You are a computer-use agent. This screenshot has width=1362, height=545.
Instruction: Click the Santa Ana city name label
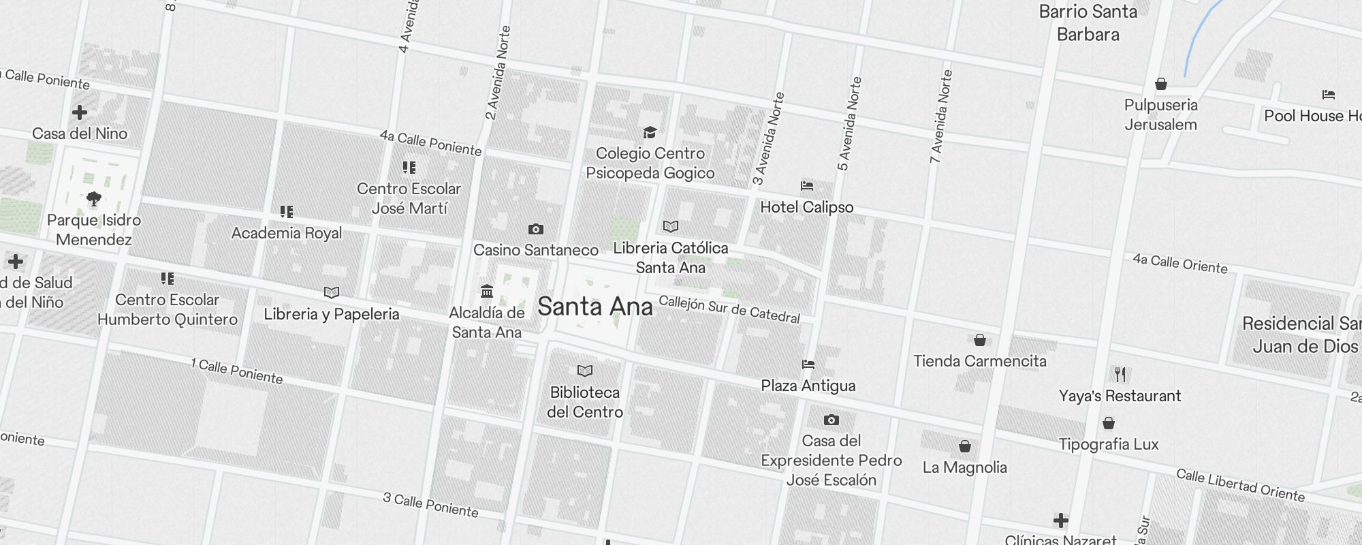pyautogui.click(x=595, y=307)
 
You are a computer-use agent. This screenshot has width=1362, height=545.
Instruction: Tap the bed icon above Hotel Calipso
pyautogui.click(x=807, y=185)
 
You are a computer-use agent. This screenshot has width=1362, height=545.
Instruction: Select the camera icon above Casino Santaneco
pyautogui.click(x=536, y=230)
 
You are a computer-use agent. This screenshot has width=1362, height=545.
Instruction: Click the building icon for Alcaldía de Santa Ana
pyautogui.click(x=486, y=292)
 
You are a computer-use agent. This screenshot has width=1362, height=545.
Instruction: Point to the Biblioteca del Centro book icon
pyautogui.click(x=585, y=371)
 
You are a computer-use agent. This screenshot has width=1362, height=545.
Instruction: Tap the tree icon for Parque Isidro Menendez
pyautogui.click(x=94, y=199)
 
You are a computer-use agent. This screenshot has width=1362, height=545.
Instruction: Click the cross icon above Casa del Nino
pyautogui.click(x=80, y=112)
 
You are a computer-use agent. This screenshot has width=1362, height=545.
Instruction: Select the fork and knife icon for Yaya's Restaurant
pyautogui.click(x=1120, y=374)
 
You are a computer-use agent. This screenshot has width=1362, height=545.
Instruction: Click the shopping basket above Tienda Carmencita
pyautogui.click(x=979, y=339)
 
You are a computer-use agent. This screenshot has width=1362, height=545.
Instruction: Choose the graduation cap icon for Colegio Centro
pyautogui.click(x=650, y=132)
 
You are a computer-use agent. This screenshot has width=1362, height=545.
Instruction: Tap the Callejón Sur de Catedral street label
pyautogui.click(x=729, y=309)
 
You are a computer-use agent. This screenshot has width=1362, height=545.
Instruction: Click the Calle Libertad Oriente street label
pyautogui.click(x=1240, y=486)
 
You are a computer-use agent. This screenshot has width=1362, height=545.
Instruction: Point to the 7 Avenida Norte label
pyautogui.click(x=941, y=116)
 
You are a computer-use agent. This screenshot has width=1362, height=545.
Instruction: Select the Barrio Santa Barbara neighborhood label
pyautogui.click(x=1088, y=23)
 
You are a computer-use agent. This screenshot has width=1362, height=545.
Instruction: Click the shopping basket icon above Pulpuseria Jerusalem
pyautogui.click(x=1161, y=84)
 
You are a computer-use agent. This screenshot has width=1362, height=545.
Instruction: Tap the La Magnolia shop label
pyautogui.click(x=964, y=467)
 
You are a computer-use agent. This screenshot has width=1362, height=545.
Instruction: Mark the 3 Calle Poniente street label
pyautogui.click(x=430, y=505)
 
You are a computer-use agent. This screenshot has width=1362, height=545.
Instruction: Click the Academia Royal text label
pyautogui.click(x=287, y=233)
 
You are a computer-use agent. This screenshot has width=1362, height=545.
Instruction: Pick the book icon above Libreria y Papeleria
pyautogui.click(x=332, y=292)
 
